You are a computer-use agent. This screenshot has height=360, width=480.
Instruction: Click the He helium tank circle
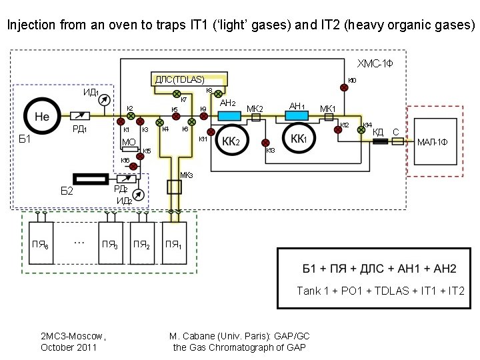click(42, 116)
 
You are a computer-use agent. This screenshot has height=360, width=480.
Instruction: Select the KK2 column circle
click(230, 141)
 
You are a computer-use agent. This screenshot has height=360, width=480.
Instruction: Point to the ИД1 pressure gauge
click(103, 100)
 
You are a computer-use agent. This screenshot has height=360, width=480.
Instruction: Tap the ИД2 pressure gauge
click(138, 194)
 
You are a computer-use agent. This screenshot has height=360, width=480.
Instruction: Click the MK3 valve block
click(174, 187)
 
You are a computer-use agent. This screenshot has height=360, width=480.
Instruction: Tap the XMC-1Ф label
click(377, 64)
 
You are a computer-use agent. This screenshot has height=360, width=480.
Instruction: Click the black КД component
click(380, 142)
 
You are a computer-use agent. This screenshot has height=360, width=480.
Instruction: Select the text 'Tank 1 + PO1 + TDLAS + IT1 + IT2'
click(381, 291)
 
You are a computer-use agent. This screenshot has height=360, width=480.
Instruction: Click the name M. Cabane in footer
click(193, 337)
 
